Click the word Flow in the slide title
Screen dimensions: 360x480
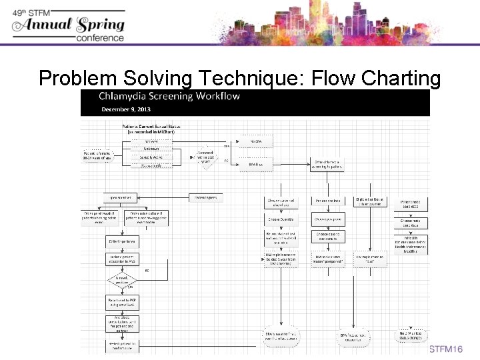coord(325,78)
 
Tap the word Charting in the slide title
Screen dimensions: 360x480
coord(399,78)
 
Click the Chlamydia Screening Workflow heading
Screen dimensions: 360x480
coord(170,96)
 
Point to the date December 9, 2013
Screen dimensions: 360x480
coord(127,109)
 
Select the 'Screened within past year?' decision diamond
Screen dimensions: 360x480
coord(206,159)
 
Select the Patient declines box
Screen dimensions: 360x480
coord(329,201)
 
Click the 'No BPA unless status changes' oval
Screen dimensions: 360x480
coord(411,335)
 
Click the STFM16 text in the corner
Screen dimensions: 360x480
coord(446,350)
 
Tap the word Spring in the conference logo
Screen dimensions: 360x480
coord(100,25)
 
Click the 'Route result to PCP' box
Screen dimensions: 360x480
coord(121,301)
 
